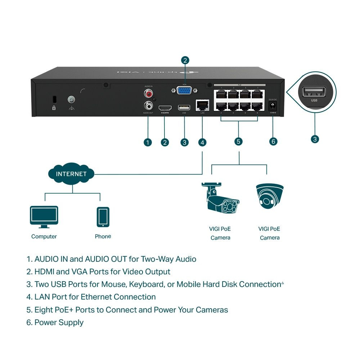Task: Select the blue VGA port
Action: tap(185, 90)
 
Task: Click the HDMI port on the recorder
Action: tap(165, 108)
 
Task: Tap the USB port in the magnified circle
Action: tap(314, 92)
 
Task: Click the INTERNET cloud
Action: tap(71, 174)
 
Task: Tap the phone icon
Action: tap(103, 217)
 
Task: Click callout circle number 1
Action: tap(148, 143)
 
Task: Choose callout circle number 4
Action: tap(203, 143)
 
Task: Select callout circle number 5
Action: tap(238, 141)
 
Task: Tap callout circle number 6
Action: tap(273, 141)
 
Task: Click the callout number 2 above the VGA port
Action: tap(185, 60)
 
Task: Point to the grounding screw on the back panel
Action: tap(71, 99)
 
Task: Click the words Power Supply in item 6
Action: tap(59, 323)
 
